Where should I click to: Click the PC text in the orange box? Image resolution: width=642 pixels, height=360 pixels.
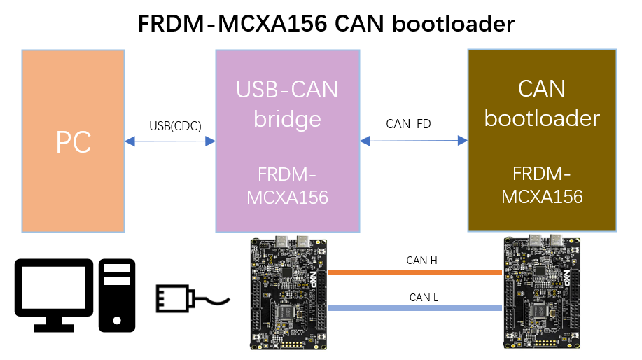click(x=74, y=143)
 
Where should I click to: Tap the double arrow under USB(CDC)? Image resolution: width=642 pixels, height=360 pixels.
click(x=170, y=141)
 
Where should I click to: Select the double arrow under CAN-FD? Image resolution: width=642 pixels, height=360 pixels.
click(x=414, y=140)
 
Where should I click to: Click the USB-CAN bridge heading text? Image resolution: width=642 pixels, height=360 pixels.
click(x=287, y=104)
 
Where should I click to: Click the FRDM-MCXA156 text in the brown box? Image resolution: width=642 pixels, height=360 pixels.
click(x=542, y=184)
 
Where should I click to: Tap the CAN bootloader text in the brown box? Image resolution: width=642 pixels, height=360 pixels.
click(x=542, y=103)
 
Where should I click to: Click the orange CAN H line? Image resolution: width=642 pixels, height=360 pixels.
click(x=416, y=272)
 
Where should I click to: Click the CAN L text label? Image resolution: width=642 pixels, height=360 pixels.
click(x=424, y=297)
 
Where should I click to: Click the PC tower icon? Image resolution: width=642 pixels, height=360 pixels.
click(x=117, y=295)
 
